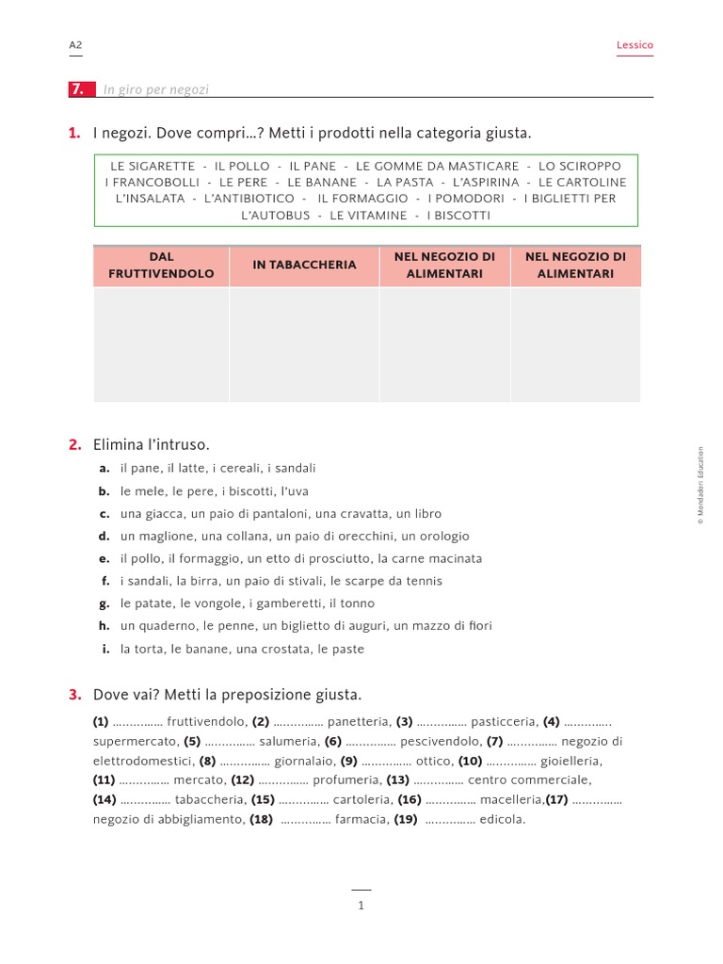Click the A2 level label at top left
[x=76, y=44]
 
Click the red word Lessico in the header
[x=635, y=44]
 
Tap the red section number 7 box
[x=79, y=89]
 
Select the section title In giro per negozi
[x=156, y=89]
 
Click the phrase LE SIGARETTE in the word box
[x=153, y=166]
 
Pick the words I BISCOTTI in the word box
[x=458, y=216]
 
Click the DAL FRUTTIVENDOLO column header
[x=161, y=265]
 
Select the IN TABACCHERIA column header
[x=304, y=265]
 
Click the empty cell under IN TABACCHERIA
[x=304, y=344]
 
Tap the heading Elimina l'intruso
[x=152, y=444]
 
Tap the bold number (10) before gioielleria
[x=471, y=761]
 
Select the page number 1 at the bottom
[x=361, y=906]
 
